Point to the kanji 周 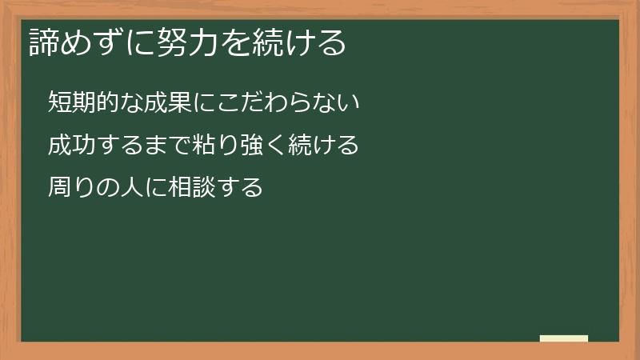coord(59,189)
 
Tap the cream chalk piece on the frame coord(563,338)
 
